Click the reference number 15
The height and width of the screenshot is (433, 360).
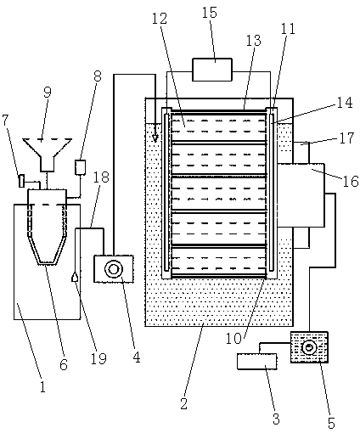click(x=210, y=13)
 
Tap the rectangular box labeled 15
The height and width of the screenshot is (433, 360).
click(x=212, y=70)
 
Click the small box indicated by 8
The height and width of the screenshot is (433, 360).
click(x=80, y=167)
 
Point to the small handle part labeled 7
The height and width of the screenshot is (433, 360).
click(x=21, y=181)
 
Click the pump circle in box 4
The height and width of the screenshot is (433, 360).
click(x=114, y=269)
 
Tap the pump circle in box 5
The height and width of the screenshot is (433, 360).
click(x=309, y=347)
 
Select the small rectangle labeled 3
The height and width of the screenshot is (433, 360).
click(x=256, y=362)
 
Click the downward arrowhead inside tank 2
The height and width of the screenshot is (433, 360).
click(x=155, y=138)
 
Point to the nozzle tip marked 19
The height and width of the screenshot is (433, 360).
click(x=75, y=277)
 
